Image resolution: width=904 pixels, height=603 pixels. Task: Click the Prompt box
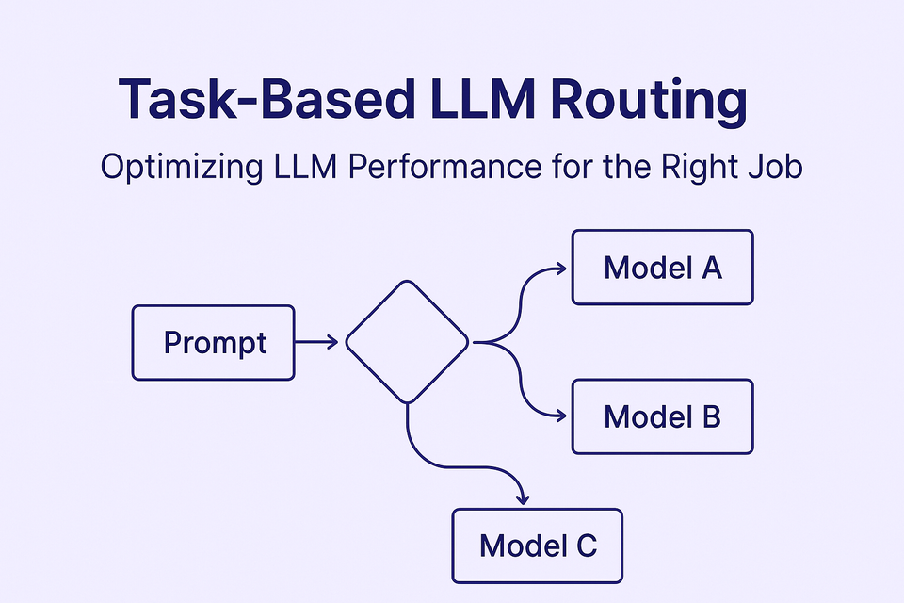pos(213,342)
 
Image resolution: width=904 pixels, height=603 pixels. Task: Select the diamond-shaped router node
pos(407,342)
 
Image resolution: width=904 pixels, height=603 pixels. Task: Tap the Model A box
pos(662,268)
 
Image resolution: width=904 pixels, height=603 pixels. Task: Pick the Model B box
pos(662,416)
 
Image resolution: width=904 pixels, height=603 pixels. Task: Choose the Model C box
pos(537,545)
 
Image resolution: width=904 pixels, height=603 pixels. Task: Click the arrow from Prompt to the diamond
pos(316,343)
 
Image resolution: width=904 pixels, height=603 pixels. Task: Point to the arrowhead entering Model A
pos(562,268)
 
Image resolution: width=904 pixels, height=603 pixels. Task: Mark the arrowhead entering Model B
pos(562,416)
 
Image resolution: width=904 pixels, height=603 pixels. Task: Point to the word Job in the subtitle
pos(777,171)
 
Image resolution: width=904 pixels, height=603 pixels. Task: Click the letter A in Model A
pos(711,268)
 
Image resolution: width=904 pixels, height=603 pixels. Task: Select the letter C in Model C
pos(584,545)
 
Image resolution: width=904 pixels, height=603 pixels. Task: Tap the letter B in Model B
pos(710,416)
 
